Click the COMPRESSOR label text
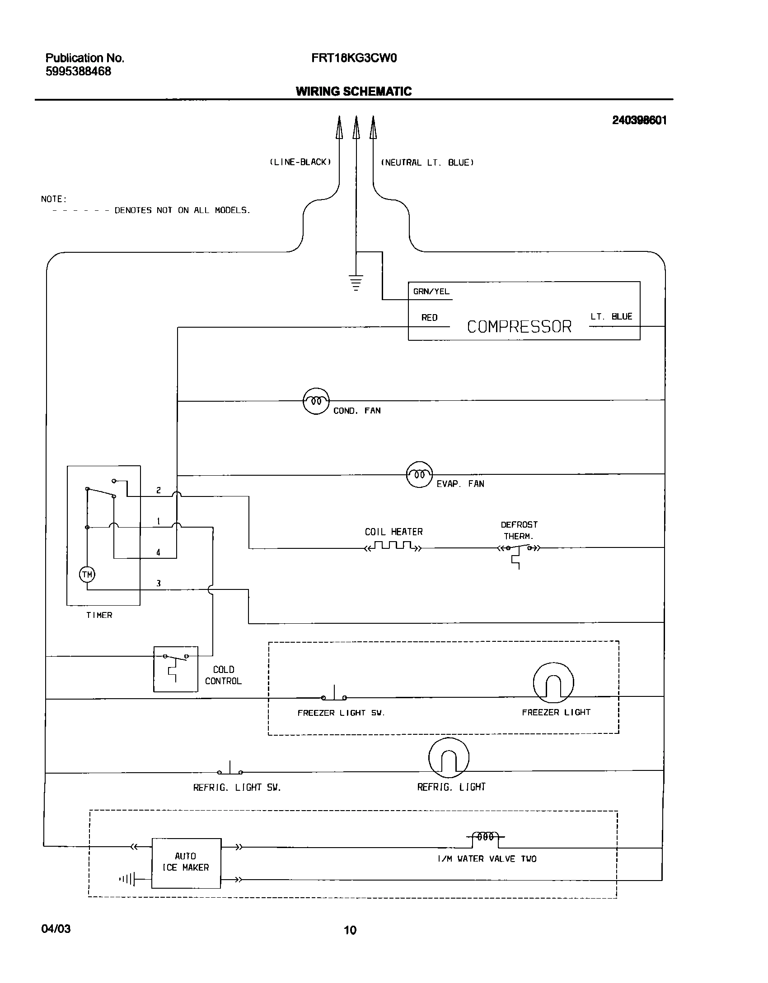(x=519, y=327)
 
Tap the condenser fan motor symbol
(x=316, y=401)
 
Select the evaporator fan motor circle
(x=419, y=474)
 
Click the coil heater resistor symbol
(x=393, y=547)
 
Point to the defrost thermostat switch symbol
(x=519, y=549)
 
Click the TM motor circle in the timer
(x=87, y=575)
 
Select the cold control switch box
(x=175, y=669)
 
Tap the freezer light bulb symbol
(x=553, y=683)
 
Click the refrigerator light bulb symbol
(x=448, y=758)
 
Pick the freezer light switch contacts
(x=334, y=696)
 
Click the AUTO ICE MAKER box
(x=186, y=863)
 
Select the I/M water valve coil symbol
(x=485, y=837)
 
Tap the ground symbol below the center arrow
(x=356, y=282)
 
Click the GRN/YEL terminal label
(x=431, y=292)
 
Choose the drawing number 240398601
(x=639, y=121)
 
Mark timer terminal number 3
(x=159, y=584)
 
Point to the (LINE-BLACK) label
(x=300, y=162)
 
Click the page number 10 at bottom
(x=350, y=930)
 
